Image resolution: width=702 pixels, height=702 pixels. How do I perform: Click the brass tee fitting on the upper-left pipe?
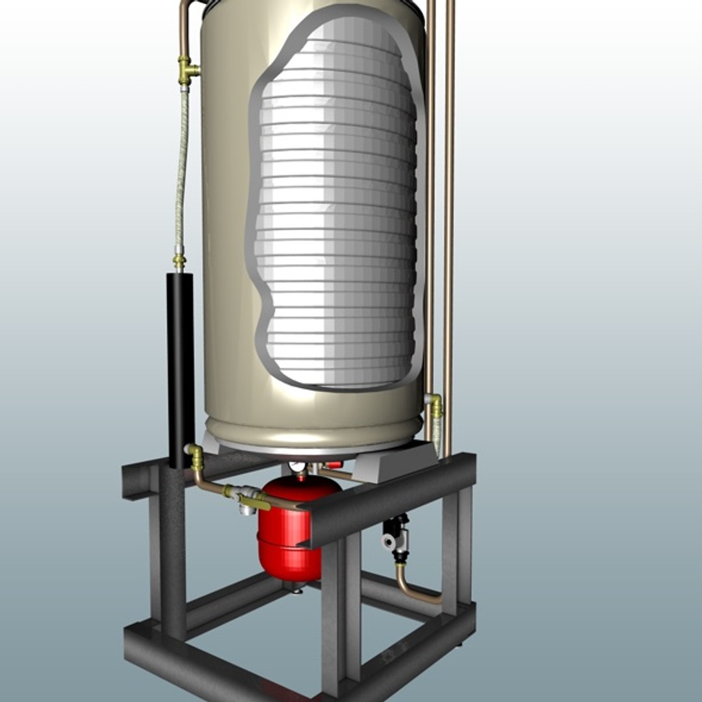[x=187, y=71]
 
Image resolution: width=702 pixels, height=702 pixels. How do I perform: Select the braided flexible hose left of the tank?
[x=181, y=175]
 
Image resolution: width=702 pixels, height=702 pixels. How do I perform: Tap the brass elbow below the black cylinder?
[x=195, y=455]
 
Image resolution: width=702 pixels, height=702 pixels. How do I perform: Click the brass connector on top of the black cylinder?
[x=179, y=262]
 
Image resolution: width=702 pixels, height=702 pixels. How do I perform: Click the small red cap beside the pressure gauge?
[x=334, y=465]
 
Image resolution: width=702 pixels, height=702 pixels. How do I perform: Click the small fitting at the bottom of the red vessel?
[x=296, y=588]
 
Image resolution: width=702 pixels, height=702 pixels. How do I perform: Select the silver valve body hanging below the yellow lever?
[x=247, y=509]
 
